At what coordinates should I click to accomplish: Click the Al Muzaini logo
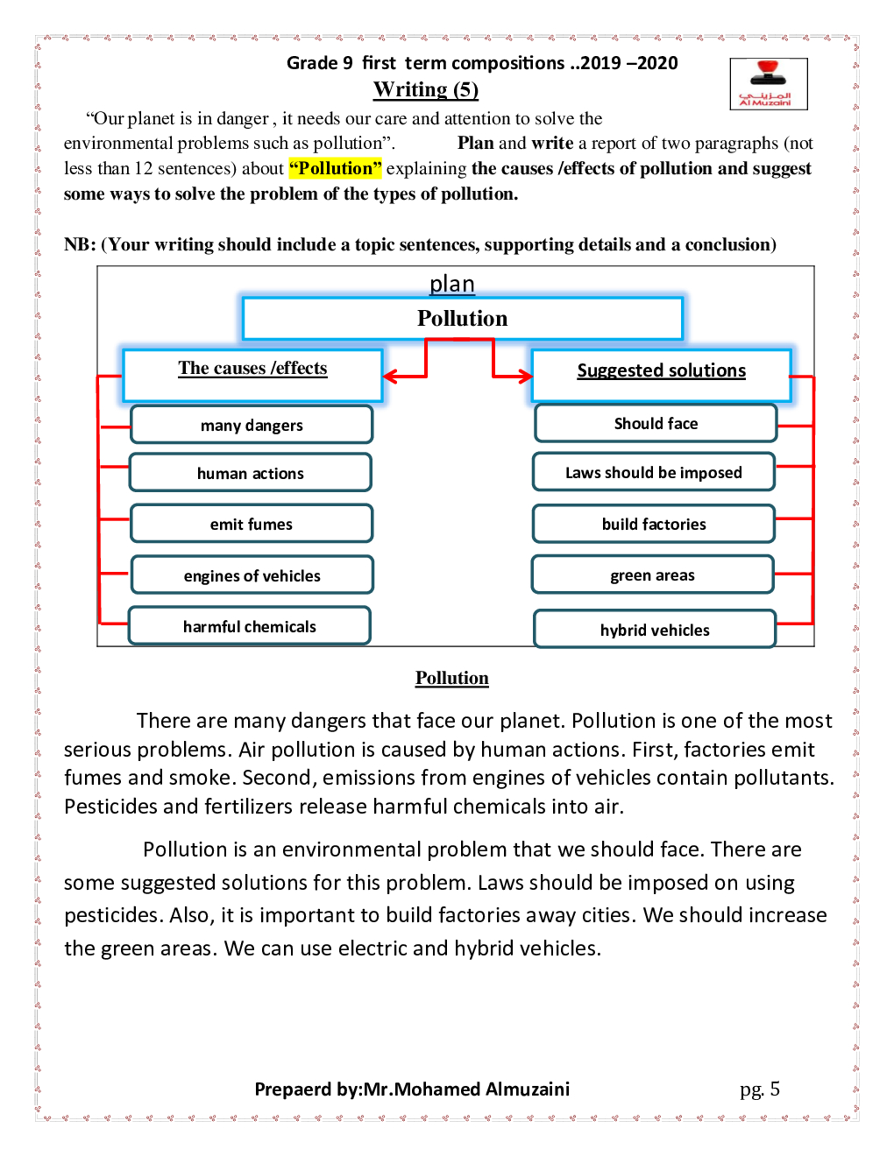point(768,84)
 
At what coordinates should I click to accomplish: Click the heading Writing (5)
point(426,89)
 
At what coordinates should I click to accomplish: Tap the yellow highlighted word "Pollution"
point(335,168)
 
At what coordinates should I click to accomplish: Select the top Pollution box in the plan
point(462,318)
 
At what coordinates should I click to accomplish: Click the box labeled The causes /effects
point(252,375)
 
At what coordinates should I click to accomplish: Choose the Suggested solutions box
point(661,375)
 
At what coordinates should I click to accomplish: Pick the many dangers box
point(252,425)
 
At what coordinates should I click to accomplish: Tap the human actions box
point(251,473)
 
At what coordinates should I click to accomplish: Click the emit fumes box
point(252,524)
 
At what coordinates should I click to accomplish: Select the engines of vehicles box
point(252,575)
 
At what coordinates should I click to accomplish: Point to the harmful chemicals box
point(250,626)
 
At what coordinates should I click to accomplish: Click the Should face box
point(656,423)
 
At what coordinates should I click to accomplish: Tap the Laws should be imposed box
point(654,472)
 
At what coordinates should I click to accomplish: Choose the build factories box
point(654,524)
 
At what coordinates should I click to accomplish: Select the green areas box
point(652,574)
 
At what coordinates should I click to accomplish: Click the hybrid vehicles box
point(655,630)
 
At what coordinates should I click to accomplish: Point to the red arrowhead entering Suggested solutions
point(524,377)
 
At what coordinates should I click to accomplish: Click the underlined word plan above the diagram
point(451,284)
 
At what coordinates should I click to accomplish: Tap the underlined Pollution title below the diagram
point(451,678)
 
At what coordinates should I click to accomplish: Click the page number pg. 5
point(759,1089)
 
